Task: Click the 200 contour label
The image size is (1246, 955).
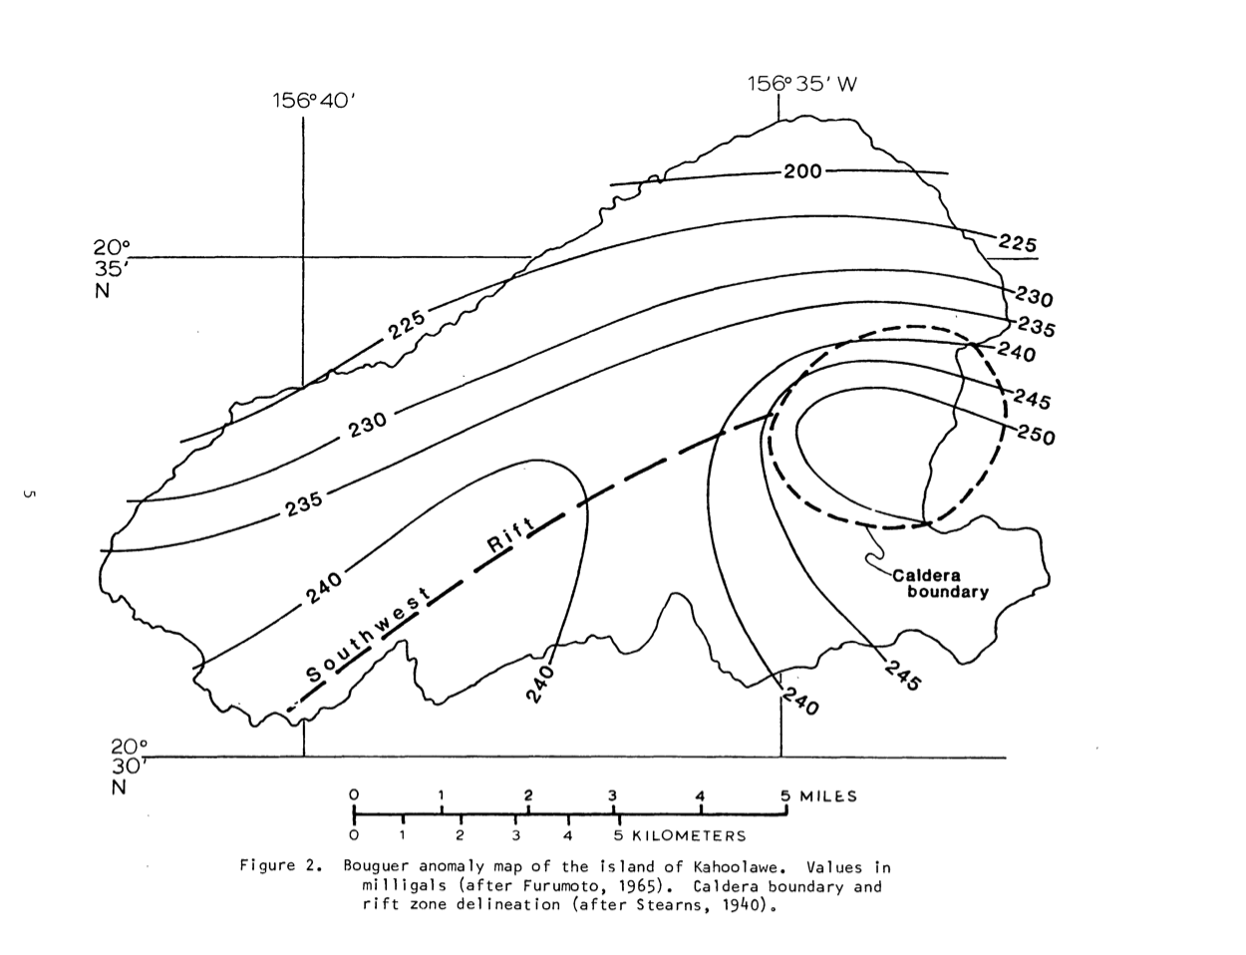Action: (x=802, y=171)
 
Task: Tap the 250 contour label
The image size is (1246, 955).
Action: (x=1036, y=437)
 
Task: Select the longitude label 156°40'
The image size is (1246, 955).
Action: (x=314, y=101)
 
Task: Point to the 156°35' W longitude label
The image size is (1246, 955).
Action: (x=802, y=84)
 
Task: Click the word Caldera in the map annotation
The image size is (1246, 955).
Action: (x=926, y=575)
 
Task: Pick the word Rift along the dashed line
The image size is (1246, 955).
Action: (x=511, y=535)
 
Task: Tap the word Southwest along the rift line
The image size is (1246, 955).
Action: (x=368, y=636)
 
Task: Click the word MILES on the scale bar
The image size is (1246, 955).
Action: (x=828, y=796)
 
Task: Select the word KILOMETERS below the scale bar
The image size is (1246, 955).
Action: (x=689, y=835)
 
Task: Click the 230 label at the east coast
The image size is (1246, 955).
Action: (x=1034, y=297)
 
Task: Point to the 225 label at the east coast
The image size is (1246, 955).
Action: (x=1018, y=243)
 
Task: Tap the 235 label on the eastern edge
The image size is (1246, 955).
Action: (x=1036, y=327)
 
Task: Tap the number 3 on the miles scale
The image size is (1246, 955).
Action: (x=612, y=796)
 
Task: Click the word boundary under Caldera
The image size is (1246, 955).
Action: (x=948, y=592)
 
